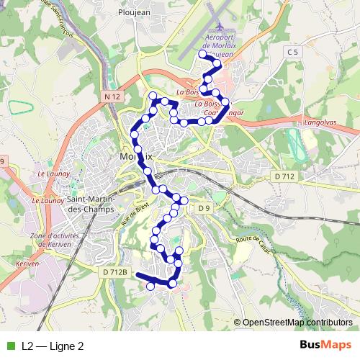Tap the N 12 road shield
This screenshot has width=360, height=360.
pyautogui.click(x=110, y=96)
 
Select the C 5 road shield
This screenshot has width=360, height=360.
pyautogui.click(x=292, y=53)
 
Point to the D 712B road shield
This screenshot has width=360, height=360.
pyautogui.click(x=115, y=272)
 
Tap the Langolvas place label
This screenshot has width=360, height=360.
pyautogui.click(x=321, y=124)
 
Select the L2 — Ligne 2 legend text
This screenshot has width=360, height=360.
pyautogui.click(x=53, y=346)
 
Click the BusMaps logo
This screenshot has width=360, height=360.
pyautogui.click(x=326, y=346)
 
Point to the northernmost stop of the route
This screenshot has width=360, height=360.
pyautogui.click(x=202, y=54)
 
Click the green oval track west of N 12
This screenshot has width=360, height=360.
pyautogui.click(x=22, y=107)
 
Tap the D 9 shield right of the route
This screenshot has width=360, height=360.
pyautogui.click(x=204, y=209)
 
